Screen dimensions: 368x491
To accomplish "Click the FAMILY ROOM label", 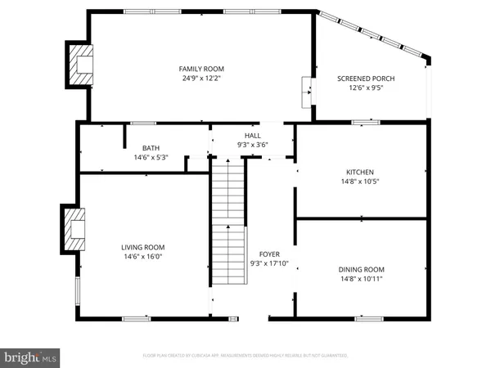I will click(x=201, y=69).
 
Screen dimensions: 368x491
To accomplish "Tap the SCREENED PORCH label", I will click(x=366, y=79).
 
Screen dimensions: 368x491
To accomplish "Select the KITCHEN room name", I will click(x=360, y=172).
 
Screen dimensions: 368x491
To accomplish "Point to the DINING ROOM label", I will click(x=361, y=269).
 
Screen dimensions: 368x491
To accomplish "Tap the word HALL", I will click(x=252, y=135).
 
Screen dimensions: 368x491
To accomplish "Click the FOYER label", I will click(x=269, y=254).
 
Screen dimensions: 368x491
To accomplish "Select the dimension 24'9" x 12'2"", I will click(x=201, y=79).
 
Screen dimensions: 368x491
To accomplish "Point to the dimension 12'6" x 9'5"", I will click(x=366, y=88).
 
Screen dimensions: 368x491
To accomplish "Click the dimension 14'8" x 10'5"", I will click(x=360, y=182).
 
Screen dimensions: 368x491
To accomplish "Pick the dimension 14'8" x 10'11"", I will click(x=361, y=279).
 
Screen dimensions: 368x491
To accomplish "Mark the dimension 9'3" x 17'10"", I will click(x=269, y=264).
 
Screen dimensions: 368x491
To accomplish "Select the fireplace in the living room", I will click(x=74, y=229).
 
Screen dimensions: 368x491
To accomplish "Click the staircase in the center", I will click(x=229, y=221).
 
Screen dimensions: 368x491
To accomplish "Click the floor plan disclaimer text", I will click(x=245, y=357).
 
